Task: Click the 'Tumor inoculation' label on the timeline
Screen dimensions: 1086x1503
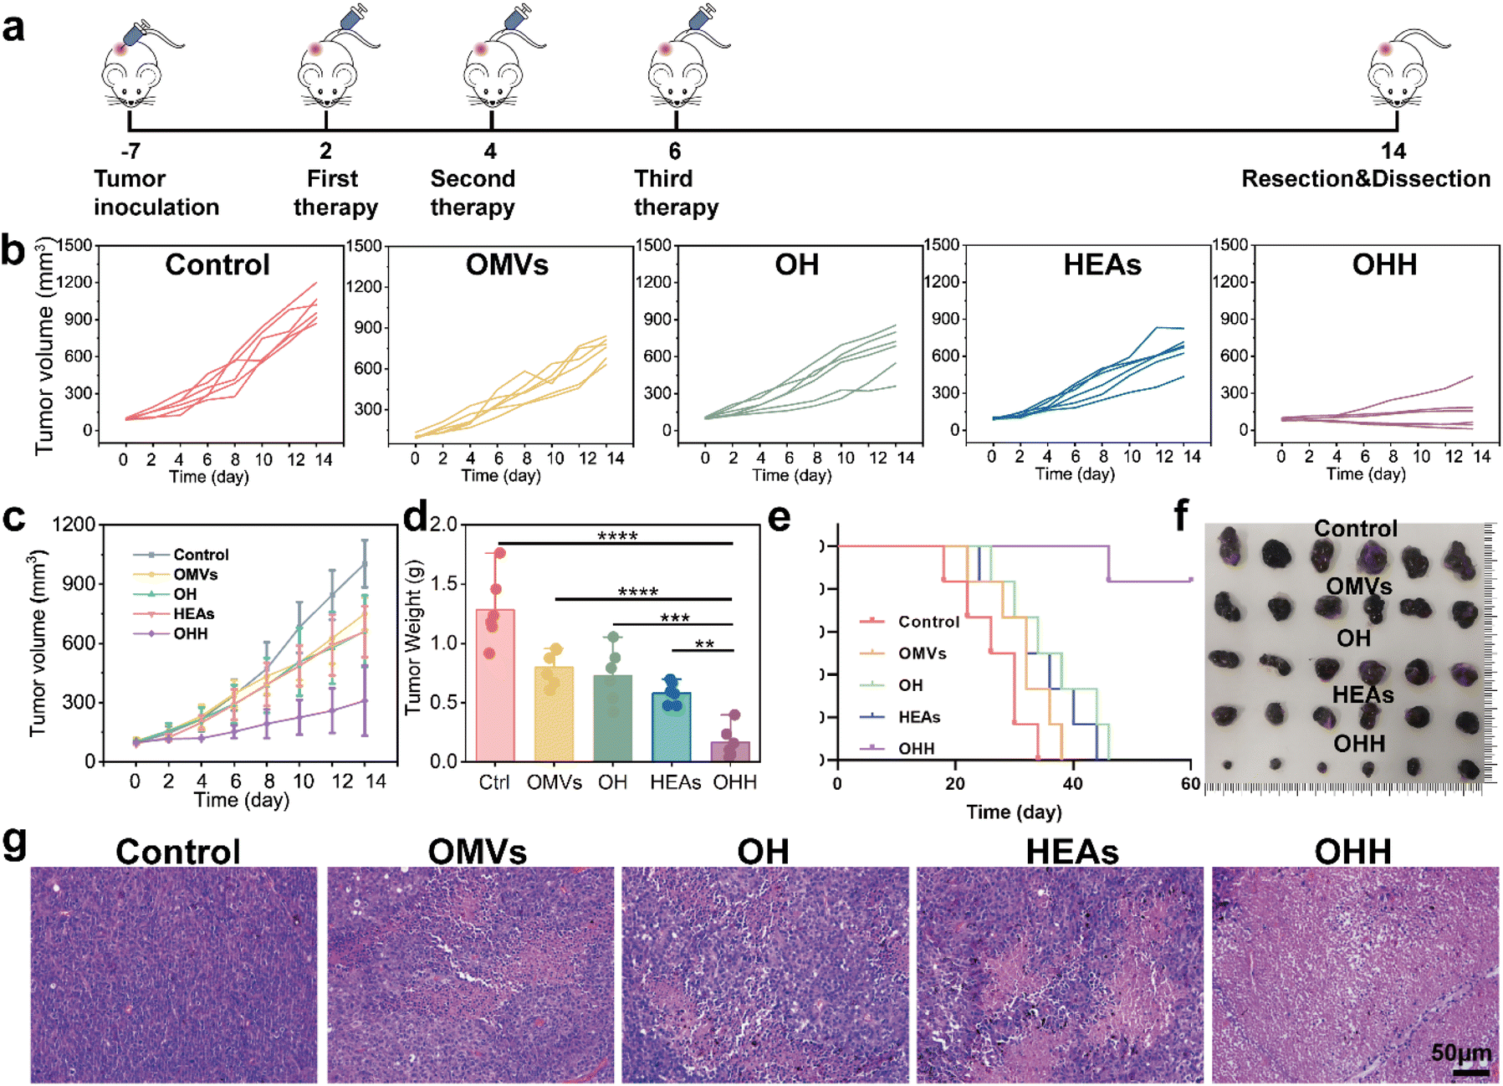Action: (x=156, y=192)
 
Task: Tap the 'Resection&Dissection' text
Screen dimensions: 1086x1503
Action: (x=1365, y=179)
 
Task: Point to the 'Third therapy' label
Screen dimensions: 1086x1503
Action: (x=676, y=192)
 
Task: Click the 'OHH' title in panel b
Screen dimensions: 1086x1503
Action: (x=1384, y=265)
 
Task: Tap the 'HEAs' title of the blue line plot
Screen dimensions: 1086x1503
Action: (x=1102, y=265)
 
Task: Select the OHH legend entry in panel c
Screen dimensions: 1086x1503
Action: (x=190, y=633)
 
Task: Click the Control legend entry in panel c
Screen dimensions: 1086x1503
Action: (x=201, y=555)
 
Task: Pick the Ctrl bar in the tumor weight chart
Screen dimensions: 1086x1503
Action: (x=494, y=685)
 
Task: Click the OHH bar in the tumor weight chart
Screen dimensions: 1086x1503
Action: (x=730, y=750)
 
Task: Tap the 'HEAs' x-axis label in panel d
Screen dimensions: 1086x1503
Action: (x=675, y=782)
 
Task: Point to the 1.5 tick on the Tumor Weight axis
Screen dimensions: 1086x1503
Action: (x=443, y=584)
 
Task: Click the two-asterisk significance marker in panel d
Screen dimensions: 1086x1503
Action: (x=704, y=644)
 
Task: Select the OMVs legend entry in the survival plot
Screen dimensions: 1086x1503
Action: (x=922, y=653)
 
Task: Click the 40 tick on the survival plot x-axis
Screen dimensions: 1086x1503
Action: (x=1073, y=784)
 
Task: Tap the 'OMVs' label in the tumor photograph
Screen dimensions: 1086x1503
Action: (x=1358, y=586)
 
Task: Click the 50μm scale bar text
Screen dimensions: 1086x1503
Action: (x=1460, y=1053)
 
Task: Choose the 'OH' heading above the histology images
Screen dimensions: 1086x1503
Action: (x=763, y=852)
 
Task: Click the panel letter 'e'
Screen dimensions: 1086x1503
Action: (x=779, y=518)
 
